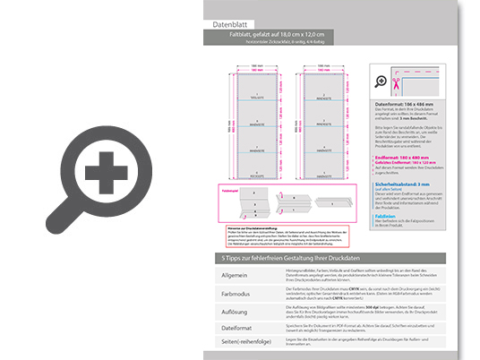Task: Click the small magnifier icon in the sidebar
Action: (381, 81)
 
